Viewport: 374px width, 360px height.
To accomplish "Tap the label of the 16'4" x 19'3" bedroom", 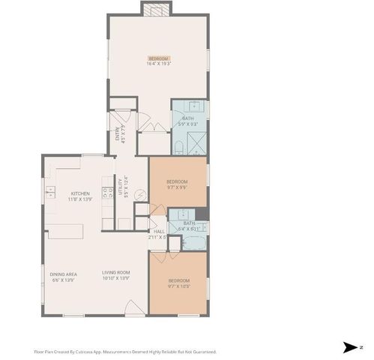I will (x=159, y=61).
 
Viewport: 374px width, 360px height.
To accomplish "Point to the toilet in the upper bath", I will (x=180, y=144).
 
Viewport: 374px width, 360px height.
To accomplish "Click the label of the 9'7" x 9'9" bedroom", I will (x=177, y=184).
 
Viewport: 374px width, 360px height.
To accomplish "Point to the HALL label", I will (x=158, y=233).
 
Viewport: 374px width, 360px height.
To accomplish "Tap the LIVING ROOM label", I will (x=116, y=274).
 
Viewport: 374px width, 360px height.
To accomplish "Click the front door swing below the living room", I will (x=134, y=307).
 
